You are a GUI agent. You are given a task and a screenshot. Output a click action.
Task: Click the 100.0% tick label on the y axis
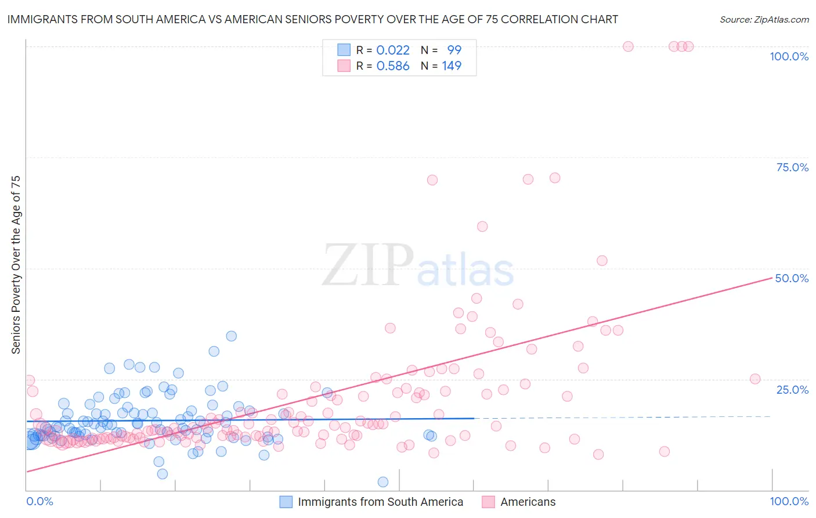(x=789, y=56)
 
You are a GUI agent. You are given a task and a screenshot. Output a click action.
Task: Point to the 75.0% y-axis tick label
(x=792, y=167)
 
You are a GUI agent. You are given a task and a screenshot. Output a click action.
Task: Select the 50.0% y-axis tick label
(x=792, y=278)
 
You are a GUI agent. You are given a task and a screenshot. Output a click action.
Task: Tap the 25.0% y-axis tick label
(x=792, y=390)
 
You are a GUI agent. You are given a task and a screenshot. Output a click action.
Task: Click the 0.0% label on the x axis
(x=39, y=501)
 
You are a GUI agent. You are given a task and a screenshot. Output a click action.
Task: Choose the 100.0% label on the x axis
(x=789, y=501)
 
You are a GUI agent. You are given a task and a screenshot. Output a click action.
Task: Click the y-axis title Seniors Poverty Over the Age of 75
(x=16, y=265)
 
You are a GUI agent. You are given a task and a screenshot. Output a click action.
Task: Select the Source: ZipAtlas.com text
(x=764, y=19)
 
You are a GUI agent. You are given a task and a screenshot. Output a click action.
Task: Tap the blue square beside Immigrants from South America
(x=286, y=502)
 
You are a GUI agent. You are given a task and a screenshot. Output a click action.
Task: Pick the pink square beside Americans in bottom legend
(x=489, y=502)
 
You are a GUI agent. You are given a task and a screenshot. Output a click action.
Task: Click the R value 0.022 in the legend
(x=393, y=50)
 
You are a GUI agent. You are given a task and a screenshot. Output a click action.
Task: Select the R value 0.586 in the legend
(x=393, y=66)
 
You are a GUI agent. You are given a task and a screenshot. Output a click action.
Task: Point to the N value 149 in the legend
(x=452, y=66)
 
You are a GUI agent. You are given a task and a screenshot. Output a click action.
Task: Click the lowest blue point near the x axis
(x=383, y=482)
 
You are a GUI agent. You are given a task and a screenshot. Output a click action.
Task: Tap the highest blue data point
(x=231, y=336)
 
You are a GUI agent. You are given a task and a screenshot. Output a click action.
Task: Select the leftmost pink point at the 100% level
(x=628, y=46)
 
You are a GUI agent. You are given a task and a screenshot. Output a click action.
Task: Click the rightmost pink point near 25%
(x=755, y=379)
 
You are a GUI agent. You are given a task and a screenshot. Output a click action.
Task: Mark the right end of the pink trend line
(x=772, y=278)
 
